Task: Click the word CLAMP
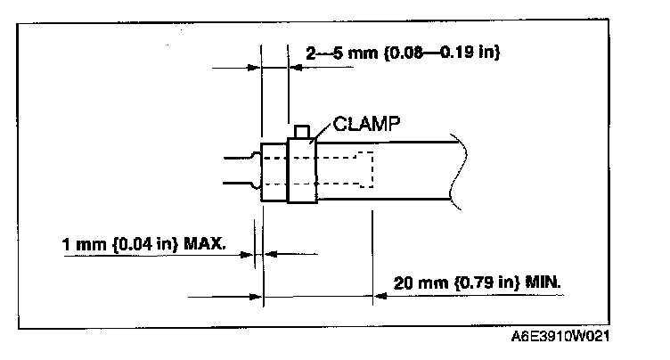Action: [365, 125]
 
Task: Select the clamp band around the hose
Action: [303, 171]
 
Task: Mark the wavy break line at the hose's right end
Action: [456, 170]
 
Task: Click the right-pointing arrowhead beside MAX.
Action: [248, 254]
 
